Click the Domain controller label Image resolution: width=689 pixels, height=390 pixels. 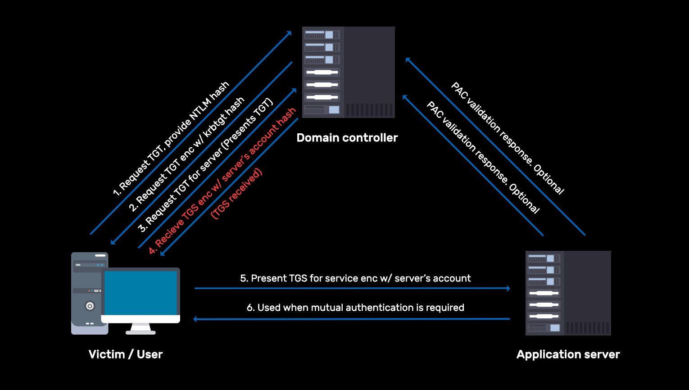(347, 138)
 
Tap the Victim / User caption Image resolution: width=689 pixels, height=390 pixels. (125, 354)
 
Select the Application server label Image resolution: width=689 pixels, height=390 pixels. (568, 354)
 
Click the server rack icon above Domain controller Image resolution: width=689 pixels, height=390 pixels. (348, 72)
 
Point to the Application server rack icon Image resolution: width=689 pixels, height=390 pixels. (568, 293)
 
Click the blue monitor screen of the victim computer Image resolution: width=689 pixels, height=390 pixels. (141, 293)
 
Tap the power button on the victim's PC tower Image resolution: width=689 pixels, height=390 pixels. (90, 306)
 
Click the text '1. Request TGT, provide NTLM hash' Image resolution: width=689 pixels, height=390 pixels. (171, 139)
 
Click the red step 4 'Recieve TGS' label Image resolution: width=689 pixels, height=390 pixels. (222, 180)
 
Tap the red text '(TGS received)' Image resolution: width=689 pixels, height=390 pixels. (236, 194)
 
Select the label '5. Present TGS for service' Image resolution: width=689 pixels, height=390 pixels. (355, 278)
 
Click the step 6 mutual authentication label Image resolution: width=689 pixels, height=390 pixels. (355, 308)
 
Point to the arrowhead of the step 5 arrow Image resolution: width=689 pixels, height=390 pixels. (508, 288)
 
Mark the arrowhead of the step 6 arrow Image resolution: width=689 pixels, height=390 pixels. (195, 319)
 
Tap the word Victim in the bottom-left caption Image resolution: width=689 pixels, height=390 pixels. (107, 354)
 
